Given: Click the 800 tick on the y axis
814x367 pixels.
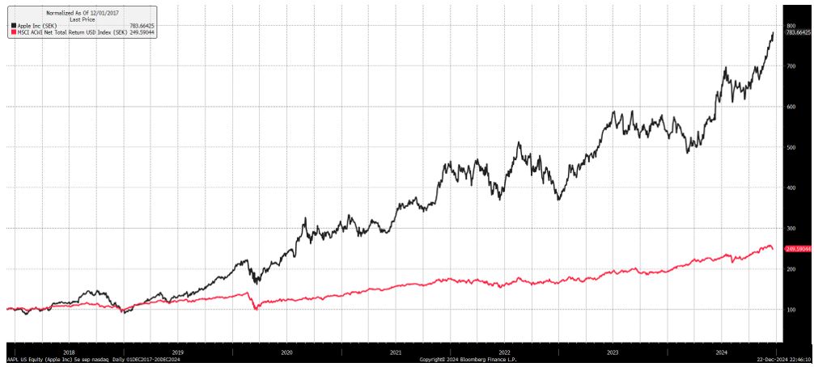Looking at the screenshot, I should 791,26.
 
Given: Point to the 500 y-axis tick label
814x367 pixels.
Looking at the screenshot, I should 791,147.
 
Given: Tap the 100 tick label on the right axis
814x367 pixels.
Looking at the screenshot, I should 791,310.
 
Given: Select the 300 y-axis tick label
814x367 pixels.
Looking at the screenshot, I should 791,229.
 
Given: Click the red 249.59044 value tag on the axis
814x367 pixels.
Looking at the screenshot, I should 797,248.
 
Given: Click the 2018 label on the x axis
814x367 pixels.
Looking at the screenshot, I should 69,352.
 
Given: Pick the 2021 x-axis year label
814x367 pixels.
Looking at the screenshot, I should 395,352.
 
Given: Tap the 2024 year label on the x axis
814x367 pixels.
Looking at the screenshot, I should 721,352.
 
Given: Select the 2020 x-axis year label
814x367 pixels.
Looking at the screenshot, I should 286,352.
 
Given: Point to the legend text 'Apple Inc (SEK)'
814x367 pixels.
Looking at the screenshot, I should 32,26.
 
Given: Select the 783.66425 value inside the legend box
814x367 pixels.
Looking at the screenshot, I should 142,26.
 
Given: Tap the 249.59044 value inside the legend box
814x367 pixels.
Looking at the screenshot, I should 142,33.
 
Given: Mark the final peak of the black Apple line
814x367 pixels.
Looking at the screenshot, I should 773,33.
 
